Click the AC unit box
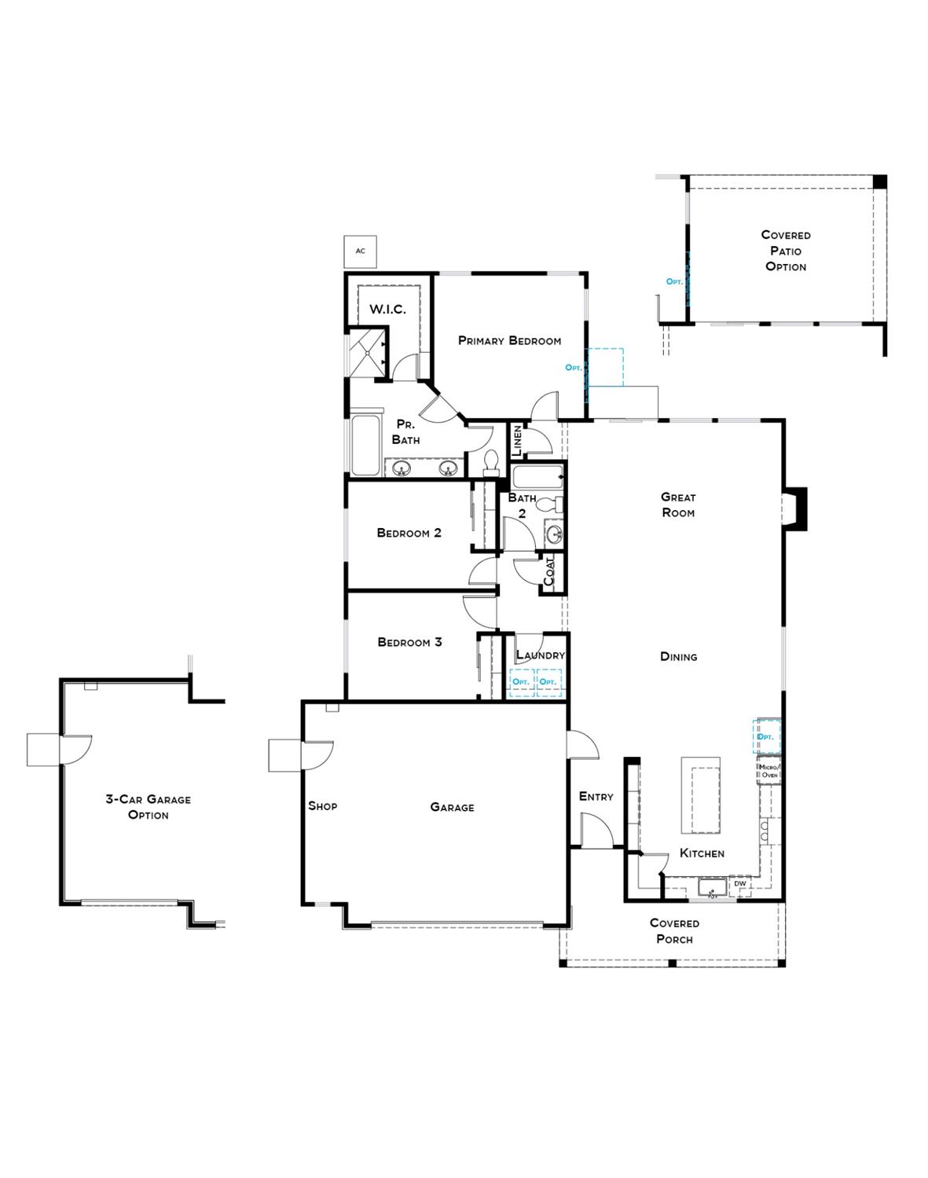pyautogui.click(x=361, y=251)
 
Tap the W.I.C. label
pyautogui.click(x=387, y=310)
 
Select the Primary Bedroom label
pyautogui.click(x=509, y=341)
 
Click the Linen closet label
pyautogui.click(x=517, y=442)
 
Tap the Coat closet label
pyautogui.click(x=549, y=572)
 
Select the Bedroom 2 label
pyautogui.click(x=409, y=533)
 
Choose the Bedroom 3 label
pyautogui.click(x=409, y=642)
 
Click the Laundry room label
pyautogui.click(x=540, y=655)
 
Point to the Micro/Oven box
pyautogui.click(x=768, y=771)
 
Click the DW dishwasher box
pyautogui.click(x=739, y=884)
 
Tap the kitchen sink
pyautogui.click(x=712, y=889)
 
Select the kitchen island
pyautogui.click(x=700, y=797)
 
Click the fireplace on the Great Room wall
pyautogui.click(x=795, y=509)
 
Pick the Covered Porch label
pyautogui.click(x=674, y=931)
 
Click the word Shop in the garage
pyautogui.click(x=322, y=806)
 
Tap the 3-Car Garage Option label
pyautogui.click(x=149, y=807)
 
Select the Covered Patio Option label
pyautogui.click(x=786, y=251)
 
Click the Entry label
pyautogui.click(x=596, y=797)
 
